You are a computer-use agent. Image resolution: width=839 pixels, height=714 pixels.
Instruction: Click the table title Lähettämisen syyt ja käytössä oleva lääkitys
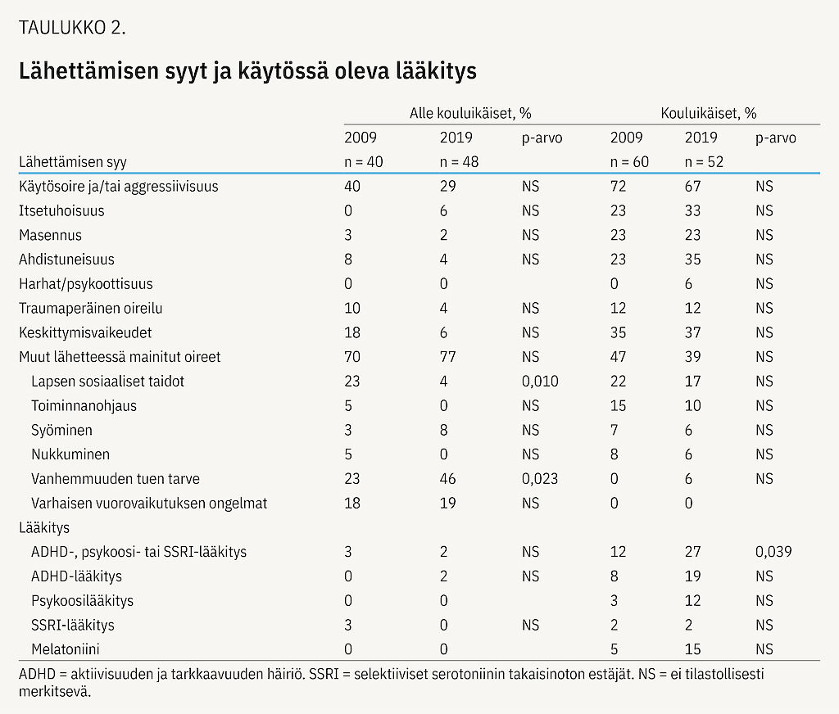point(247,72)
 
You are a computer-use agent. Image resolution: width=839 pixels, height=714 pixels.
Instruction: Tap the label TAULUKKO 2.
point(72,28)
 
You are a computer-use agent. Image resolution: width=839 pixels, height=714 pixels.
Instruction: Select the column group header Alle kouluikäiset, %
point(470,114)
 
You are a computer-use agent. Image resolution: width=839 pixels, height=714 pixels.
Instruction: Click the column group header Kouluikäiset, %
point(708,114)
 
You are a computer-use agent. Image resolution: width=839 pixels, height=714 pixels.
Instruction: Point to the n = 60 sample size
point(629,162)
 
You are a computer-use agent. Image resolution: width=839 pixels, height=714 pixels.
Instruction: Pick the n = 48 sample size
point(459,162)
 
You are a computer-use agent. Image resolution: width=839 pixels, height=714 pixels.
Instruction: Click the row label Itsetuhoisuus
point(61,211)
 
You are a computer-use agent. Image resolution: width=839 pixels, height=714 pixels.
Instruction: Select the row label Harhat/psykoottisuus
point(86,284)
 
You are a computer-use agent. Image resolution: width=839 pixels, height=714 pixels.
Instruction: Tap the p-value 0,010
point(539,382)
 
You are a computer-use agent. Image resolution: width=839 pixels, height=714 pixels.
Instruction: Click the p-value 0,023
point(539,479)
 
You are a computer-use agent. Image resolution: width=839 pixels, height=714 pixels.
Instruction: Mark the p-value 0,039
point(773,552)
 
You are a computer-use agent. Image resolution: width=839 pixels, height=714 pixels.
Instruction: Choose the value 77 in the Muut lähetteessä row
point(447,357)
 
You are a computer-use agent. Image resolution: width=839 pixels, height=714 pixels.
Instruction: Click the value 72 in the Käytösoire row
point(618,187)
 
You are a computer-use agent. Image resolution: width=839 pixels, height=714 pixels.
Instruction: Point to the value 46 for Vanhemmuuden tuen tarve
point(447,479)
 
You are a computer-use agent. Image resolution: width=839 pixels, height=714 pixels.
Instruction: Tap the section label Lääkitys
point(40,527)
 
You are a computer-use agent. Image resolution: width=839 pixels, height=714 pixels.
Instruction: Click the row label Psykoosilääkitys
point(82,601)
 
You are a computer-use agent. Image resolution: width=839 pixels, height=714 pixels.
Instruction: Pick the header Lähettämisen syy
point(73,162)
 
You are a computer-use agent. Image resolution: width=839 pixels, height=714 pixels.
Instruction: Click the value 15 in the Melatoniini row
point(692,649)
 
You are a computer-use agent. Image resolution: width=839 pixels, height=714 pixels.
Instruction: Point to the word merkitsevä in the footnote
point(54,691)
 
